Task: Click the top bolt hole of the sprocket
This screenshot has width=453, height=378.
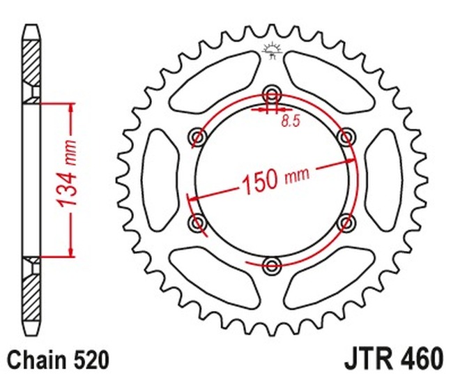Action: (x=271, y=94)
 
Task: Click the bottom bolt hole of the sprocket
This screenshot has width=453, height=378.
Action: (x=271, y=264)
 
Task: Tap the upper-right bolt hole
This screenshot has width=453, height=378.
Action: (x=344, y=136)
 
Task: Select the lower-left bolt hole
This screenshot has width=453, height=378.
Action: (x=198, y=222)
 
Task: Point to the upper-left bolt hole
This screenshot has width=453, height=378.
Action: (x=198, y=136)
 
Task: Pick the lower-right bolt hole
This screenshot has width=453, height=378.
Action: (x=344, y=222)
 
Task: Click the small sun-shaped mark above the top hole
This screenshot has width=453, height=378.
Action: (x=271, y=50)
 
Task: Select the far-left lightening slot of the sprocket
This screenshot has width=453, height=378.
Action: (x=158, y=179)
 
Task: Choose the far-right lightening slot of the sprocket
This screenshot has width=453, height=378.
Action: (x=384, y=179)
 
